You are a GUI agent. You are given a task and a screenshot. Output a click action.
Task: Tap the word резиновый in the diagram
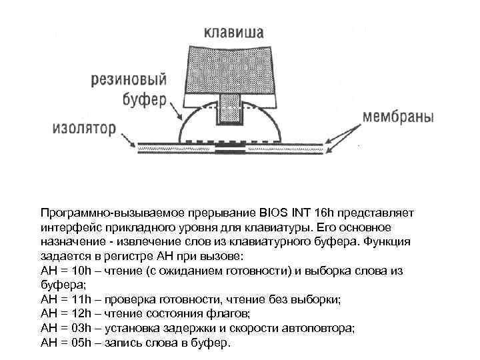coord(128,79)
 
